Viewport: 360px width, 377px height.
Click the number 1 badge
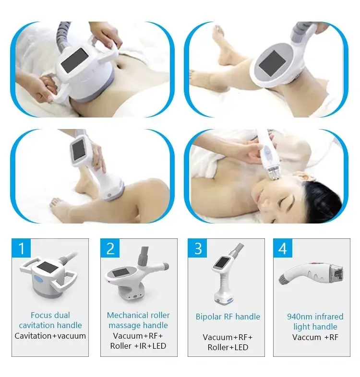21,248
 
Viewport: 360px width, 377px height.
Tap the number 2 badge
110,248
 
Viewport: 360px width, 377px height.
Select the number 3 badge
198,248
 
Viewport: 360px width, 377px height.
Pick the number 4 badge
283,248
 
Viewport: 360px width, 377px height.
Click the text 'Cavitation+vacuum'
50,336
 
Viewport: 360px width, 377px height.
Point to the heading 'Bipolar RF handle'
228,317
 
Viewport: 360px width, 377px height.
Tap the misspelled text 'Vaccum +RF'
315,337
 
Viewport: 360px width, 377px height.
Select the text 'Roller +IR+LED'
138,346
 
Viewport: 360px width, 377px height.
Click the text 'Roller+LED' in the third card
228,347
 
